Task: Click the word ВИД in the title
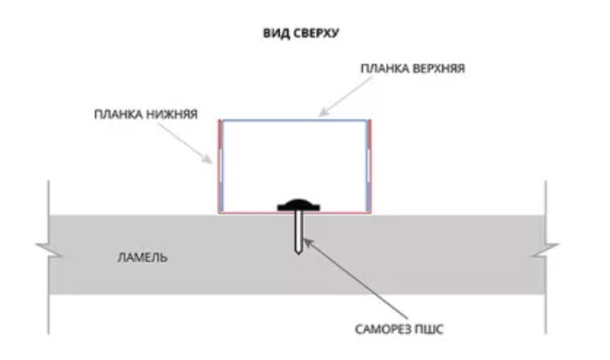click(x=276, y=33)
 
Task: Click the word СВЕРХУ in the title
click(x=316, y=33)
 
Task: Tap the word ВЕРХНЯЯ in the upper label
click(x=438, y=68)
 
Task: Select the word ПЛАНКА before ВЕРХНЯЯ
click(x=384, y=68)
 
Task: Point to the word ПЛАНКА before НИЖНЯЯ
click(x=118, y=115)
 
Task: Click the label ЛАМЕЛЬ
click(x=143, y=257)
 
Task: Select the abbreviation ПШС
click(x=429, y=329)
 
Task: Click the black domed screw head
click(x=298, y=205)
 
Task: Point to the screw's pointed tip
click(x=298, y=253)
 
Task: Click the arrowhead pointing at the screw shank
click(x=308, y=243)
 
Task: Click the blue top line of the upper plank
click(x=295, y=120)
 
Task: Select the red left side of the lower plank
click(x=220, y=166)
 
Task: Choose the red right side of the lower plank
click(x=369, y=166)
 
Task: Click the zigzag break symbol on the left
click(x=49, y=250)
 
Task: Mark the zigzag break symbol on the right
click(x=545, y=250)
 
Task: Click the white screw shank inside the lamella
click(x=298, y=231)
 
